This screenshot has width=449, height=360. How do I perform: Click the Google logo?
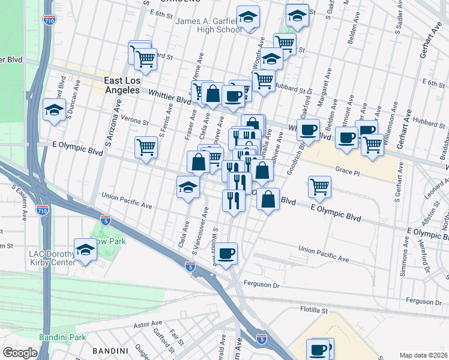20,352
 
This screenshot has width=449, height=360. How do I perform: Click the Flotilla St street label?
315,311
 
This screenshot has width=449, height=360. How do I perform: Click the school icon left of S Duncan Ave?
54,110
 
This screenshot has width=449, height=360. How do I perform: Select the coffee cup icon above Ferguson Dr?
226,253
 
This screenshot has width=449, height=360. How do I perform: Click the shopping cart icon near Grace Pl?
319,187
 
